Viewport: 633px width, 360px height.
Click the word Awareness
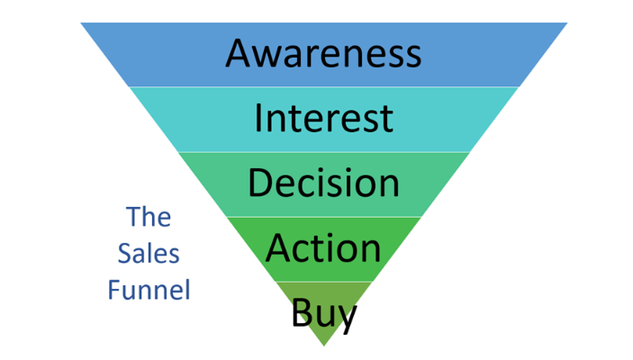(x=323, y=53)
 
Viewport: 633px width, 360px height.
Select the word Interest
(x=323, y=118)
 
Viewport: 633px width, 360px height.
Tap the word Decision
(x=323, y=183)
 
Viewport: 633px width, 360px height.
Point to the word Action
(x=323, y=247)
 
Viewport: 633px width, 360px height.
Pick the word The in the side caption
(x=149, y=217)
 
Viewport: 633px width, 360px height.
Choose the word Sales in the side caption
(x=149, y=254)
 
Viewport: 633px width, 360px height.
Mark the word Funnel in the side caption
(x=149, y=291)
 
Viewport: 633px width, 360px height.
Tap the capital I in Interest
(x=259, y=118)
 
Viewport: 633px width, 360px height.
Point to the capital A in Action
(x=279, y=247)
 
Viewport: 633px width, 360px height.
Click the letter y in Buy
(x=348, y=318)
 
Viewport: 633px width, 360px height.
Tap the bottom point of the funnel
(x=323, y=346)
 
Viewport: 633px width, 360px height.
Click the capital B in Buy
(x=301, y=313)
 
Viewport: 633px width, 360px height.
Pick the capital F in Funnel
(x=113, y=291)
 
